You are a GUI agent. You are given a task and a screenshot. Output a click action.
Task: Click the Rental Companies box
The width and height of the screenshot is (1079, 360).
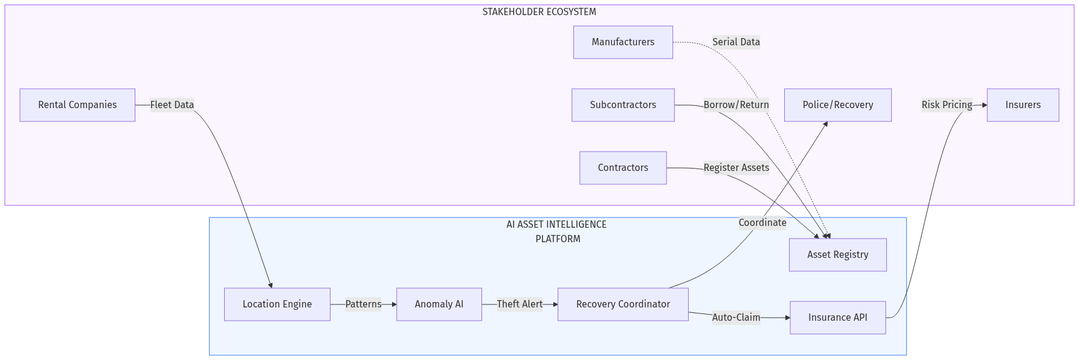[x=77, y=105]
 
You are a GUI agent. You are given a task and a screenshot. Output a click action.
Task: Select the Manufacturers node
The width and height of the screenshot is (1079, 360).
[x=623, y=42]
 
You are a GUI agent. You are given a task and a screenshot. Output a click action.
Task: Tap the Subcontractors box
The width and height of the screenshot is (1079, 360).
[x=623, y=105]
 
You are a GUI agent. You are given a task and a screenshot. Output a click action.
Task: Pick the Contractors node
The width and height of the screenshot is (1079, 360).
[x=623, y=168]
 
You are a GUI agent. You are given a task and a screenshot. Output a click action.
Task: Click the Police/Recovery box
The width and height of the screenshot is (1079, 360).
[x=837, y=105]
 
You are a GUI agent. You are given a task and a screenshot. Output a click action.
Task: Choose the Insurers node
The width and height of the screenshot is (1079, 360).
[x=1022, y=105]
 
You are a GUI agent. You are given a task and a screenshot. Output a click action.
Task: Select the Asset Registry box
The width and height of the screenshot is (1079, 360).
[x=837, y=255]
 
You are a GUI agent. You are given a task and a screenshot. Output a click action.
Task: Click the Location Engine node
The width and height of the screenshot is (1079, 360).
[x=277, y=304]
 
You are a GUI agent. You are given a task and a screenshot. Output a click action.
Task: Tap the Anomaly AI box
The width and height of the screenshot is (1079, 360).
[x=439, y=304]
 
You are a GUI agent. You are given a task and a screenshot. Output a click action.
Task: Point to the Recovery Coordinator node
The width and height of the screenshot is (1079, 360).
[x=623, y=304]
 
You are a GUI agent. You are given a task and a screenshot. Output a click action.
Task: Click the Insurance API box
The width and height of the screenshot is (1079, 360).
[x=837, y=318]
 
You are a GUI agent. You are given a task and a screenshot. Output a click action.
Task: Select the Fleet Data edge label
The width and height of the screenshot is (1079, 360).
[x=172, y=105]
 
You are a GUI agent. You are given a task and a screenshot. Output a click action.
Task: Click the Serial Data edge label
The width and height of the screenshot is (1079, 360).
[x=736, y=42]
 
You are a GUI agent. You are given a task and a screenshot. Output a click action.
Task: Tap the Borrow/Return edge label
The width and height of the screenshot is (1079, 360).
[x=736, y=105]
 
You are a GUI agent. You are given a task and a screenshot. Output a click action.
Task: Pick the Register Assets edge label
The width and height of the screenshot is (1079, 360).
[x=736, y=168]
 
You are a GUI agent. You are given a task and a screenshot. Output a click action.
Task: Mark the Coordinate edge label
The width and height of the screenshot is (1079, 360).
[x=762, y=223]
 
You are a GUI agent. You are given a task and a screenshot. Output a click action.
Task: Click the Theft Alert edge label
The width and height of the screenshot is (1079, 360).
[x=520, y=304]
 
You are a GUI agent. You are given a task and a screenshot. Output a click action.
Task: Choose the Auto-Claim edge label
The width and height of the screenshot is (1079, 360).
[x=736, y=318]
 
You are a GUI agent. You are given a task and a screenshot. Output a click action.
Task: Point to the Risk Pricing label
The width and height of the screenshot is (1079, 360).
[x=947, y=105]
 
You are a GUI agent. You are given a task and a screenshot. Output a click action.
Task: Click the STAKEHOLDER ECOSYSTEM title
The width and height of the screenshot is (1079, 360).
[x=539, y=12]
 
